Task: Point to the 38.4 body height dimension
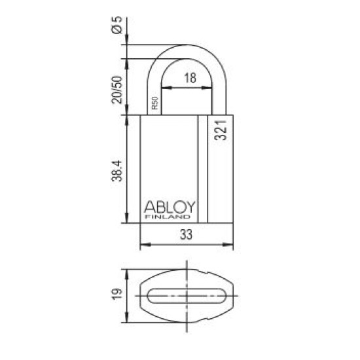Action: (117, 171)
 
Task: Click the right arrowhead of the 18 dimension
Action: (214, 88)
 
